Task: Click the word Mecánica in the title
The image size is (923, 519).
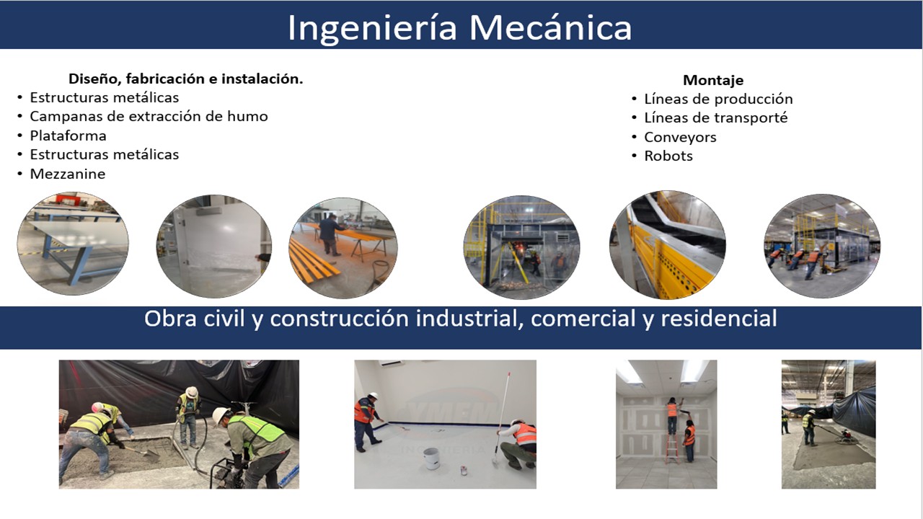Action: pyautogui.click(x=551, y=27)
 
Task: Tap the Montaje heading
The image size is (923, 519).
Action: pyautogui.click(x=713, y=80)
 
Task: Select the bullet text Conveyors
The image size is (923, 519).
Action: pyautogui.click(x=680, y=137)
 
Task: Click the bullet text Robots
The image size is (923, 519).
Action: pyautogui.click(x=668, y=156)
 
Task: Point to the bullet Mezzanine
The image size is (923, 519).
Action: pyautogui.click(x=67, y=174)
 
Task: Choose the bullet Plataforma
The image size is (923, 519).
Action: pyautogui.click(x=68, y=136)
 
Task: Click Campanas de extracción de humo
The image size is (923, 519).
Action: pyautogui.click(x=149, y=116)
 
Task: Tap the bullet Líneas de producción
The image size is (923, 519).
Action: pyautogui.click(x=718, y=99)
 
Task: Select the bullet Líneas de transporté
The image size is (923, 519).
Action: pyautogui.click(x=715, y=117)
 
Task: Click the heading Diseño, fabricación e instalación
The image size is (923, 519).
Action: pyautogui.click(x=185, y=79)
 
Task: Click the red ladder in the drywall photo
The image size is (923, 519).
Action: pyautogui.click(x=672, y=448)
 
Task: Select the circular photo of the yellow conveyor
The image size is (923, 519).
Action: pyautogui.click(x=667, y=244)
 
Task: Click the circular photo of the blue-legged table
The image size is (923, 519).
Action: pyautogui.click(x=73, y=244)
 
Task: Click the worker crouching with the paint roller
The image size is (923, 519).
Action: pyautogui.click(x=519, y=443)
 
